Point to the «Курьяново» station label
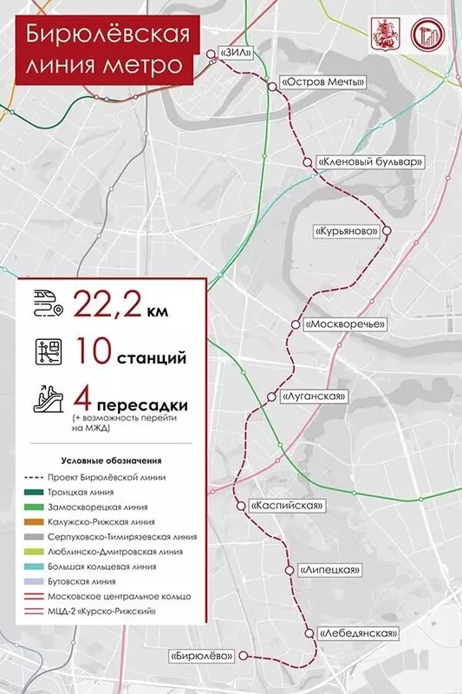click(x=348, y=232)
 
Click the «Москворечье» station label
click(x=343, y=324)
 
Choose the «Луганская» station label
click(x=314, y=396)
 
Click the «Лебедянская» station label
click(x=357, y=634)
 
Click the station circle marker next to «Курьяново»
click(x=387, y=232)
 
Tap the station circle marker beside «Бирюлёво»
click(x=244, y=656)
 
